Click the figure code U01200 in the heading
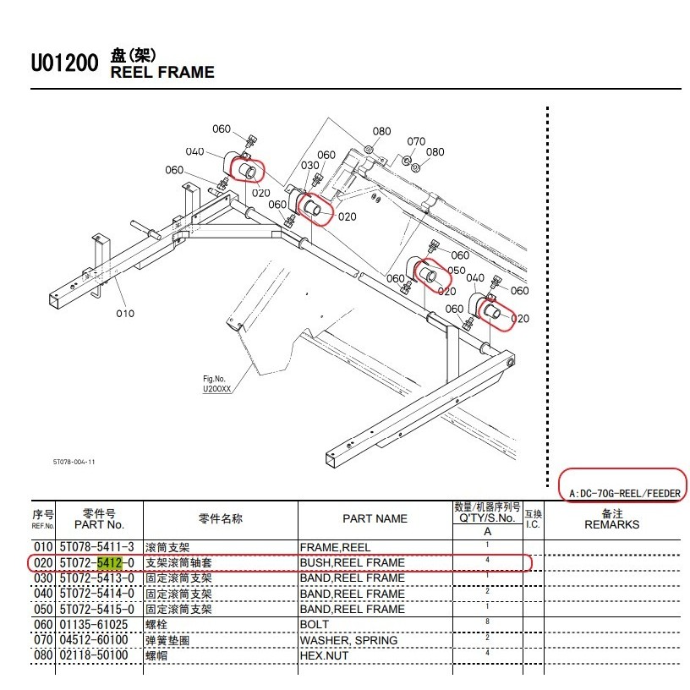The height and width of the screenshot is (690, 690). pos(64,63)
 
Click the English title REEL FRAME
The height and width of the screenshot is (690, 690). pos(162,72)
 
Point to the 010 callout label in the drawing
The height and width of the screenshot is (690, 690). pos(125,314)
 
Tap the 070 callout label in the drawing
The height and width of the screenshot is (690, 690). pos(416,141)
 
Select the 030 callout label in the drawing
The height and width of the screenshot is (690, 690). pos(309,166)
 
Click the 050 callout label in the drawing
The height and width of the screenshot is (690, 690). pos(457,271)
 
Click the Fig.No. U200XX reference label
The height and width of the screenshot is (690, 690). pos(216,384)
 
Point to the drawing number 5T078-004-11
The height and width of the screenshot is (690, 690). pos(74,462)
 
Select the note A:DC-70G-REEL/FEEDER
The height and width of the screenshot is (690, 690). pos(625,494)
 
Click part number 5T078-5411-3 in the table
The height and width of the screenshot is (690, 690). pos(96,547)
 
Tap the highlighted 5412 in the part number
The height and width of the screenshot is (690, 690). pos(110,563)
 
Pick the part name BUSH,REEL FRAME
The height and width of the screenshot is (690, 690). pos(352,563)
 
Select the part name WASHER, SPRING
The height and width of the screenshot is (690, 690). pos(348,640)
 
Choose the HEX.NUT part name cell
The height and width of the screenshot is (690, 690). pos(324,655)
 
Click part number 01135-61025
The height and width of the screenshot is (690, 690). pos(94,625)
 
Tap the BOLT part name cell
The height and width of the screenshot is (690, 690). pos(315,624)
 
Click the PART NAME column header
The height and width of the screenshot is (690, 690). pos(375,519)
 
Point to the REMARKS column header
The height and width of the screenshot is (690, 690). pos(611,524)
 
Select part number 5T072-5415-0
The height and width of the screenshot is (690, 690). pos(96,610)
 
